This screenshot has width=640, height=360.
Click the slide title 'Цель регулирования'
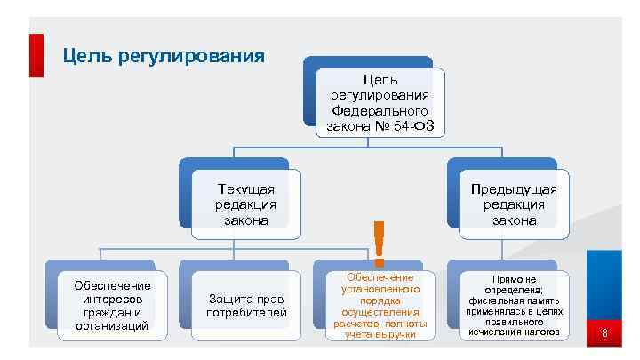coord(164,56)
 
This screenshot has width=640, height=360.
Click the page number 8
coord(604,334)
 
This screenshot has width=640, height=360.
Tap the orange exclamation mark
coord(380,243)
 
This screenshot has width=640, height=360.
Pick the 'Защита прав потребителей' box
coord(246,306)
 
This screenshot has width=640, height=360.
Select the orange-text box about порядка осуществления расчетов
coord(380,306)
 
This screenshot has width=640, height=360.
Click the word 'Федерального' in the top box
coord(380,112)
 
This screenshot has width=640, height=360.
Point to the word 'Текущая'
coord(246,189)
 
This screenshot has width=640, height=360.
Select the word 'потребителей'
coord(246,313)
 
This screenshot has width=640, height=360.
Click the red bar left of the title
coord(36,55)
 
